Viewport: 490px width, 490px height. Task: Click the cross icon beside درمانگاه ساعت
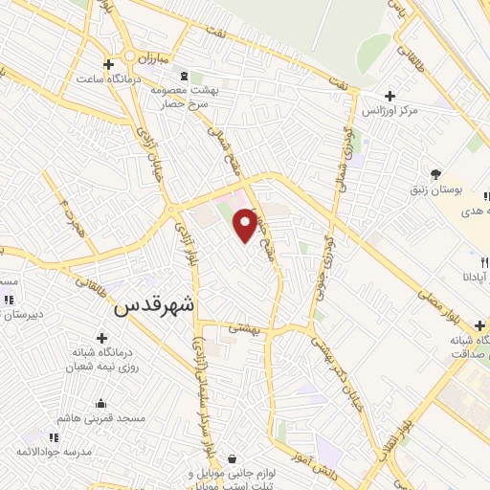121,63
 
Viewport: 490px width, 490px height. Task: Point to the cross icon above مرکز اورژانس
390,96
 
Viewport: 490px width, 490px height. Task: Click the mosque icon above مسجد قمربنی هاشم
100,404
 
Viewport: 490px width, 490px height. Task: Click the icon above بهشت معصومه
185,75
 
